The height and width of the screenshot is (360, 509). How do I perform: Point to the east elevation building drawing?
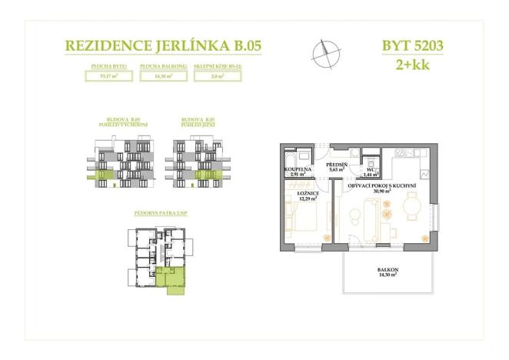point(123,161)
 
